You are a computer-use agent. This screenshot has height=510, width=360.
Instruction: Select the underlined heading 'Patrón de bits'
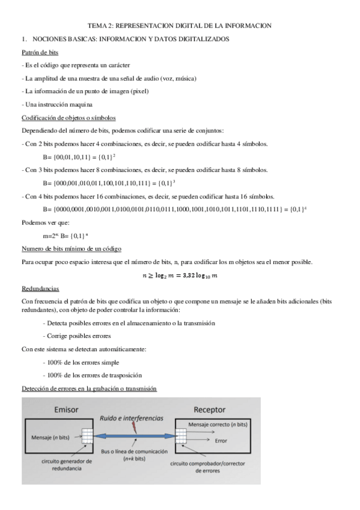coord(40,52)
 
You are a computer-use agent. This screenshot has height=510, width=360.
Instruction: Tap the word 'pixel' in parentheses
coord(139,91)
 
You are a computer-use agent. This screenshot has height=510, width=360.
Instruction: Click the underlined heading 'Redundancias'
coord(40,288)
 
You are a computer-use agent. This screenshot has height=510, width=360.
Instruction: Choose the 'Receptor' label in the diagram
coord(209,410)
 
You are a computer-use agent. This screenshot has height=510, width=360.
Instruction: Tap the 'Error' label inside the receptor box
coord(221,440)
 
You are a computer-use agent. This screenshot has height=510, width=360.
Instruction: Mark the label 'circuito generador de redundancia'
coord(67,465)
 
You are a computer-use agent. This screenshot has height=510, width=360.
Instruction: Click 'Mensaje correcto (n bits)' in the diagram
coord(217,425)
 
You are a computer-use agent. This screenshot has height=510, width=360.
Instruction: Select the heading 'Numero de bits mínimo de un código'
coord(71,249)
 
